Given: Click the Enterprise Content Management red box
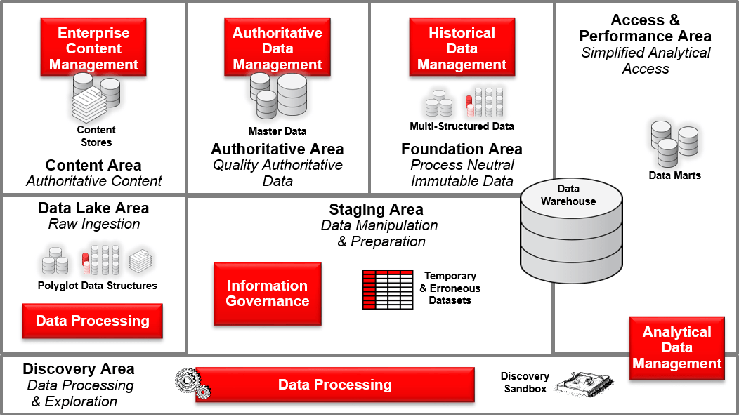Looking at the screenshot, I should pyautogui.click(x=93, y=48).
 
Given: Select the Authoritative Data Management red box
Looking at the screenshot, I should pyautogui.click(x=277, y=48).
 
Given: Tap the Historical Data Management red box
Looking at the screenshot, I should pyautogui.click(x=462, y=48).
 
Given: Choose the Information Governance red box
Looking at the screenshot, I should pyautogui.click(x=267, y=293).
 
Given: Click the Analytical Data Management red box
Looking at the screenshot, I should pyautogui.click(x=676, y=348).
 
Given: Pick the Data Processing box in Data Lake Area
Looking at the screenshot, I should pyautogui.click(x=93, y=321).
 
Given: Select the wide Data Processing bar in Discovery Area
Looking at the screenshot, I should pyautogui.click(x=334, y=385).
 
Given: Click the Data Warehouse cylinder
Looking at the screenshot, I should pyautogui.click(x=571, y=232).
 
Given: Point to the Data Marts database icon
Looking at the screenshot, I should pyautogui.click(x=674, y=143).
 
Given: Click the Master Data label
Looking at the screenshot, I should pyautogui.click(x=277, y=131).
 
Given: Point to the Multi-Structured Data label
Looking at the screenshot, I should pyautogui.click(x=462, y=126).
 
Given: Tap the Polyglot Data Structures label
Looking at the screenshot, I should pyautogui.click(x=98, y=286).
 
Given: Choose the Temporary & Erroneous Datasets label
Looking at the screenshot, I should pyautogui.click(x=450, y=288).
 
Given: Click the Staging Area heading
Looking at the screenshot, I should pyautogui.click(x=376, y=210).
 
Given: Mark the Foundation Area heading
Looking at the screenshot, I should pyautogui.click(x=462, y=149).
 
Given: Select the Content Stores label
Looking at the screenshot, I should pyautogui.click(x=96, y=136).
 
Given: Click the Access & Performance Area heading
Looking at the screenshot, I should pyautogui.click(x=645, y=28).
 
